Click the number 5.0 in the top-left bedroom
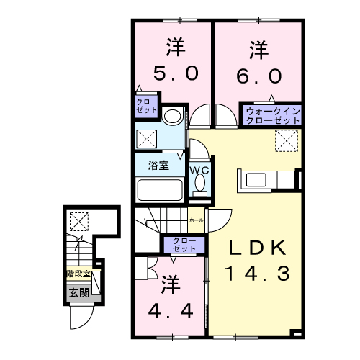tap(173, 73)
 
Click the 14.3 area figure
tap(257, 274)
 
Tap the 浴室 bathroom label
tap(158, 165)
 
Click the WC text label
tap(199, 170)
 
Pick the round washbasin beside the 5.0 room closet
tap(172, 115)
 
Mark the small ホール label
tap(195, 219)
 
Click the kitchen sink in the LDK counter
tap(257, 179)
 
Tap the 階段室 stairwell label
tap(78, 274)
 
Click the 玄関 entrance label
tap(78, 292)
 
